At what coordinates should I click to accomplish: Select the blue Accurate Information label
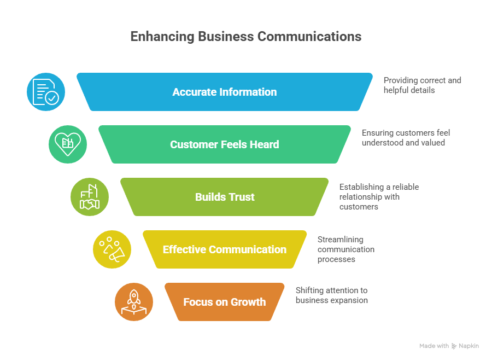225,92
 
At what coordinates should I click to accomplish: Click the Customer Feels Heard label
225,144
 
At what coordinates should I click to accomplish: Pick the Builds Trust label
225,197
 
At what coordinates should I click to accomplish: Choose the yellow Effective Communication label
225,249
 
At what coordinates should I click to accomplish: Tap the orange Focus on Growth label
225,302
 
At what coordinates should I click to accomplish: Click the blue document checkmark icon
46,92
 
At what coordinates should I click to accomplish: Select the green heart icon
68,144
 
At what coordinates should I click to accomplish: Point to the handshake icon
90,197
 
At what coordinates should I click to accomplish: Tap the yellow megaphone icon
112,249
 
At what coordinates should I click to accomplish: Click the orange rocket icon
134,302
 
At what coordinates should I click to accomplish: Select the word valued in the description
432,143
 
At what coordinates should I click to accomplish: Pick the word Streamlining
341,239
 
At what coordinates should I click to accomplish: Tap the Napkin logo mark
454,346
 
